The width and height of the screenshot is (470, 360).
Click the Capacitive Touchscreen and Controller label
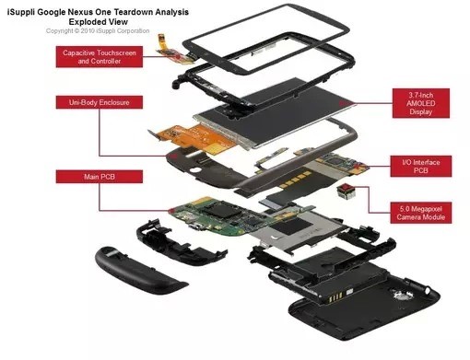pyautogui.click(x=100, y=57)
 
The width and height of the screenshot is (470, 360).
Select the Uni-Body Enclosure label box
pyautogui.click(x=100, y=102)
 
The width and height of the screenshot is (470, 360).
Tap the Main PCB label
pyautogui.click(x=100, y=177)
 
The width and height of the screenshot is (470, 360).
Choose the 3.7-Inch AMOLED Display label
pyautogui.click(x=421, y=103)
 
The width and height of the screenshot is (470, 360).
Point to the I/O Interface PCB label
pyautogui.click(x=421, y=166)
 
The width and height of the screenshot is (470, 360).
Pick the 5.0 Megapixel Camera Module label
pyautogui.click(x=421, y=213)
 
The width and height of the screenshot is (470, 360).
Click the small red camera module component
pyautogui.click(x=346, y=192)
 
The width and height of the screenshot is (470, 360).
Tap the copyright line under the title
pyautogui.click(x=98, y=31)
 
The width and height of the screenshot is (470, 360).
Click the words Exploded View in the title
pyautogui.click(x=98, y=22)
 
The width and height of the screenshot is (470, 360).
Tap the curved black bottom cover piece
pyautogui.click(x=140, y=270)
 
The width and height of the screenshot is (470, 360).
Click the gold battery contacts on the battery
pyautogui.click(x=335, y=296)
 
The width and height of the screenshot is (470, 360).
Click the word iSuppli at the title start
pyautogui.click(x=20, y=12)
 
